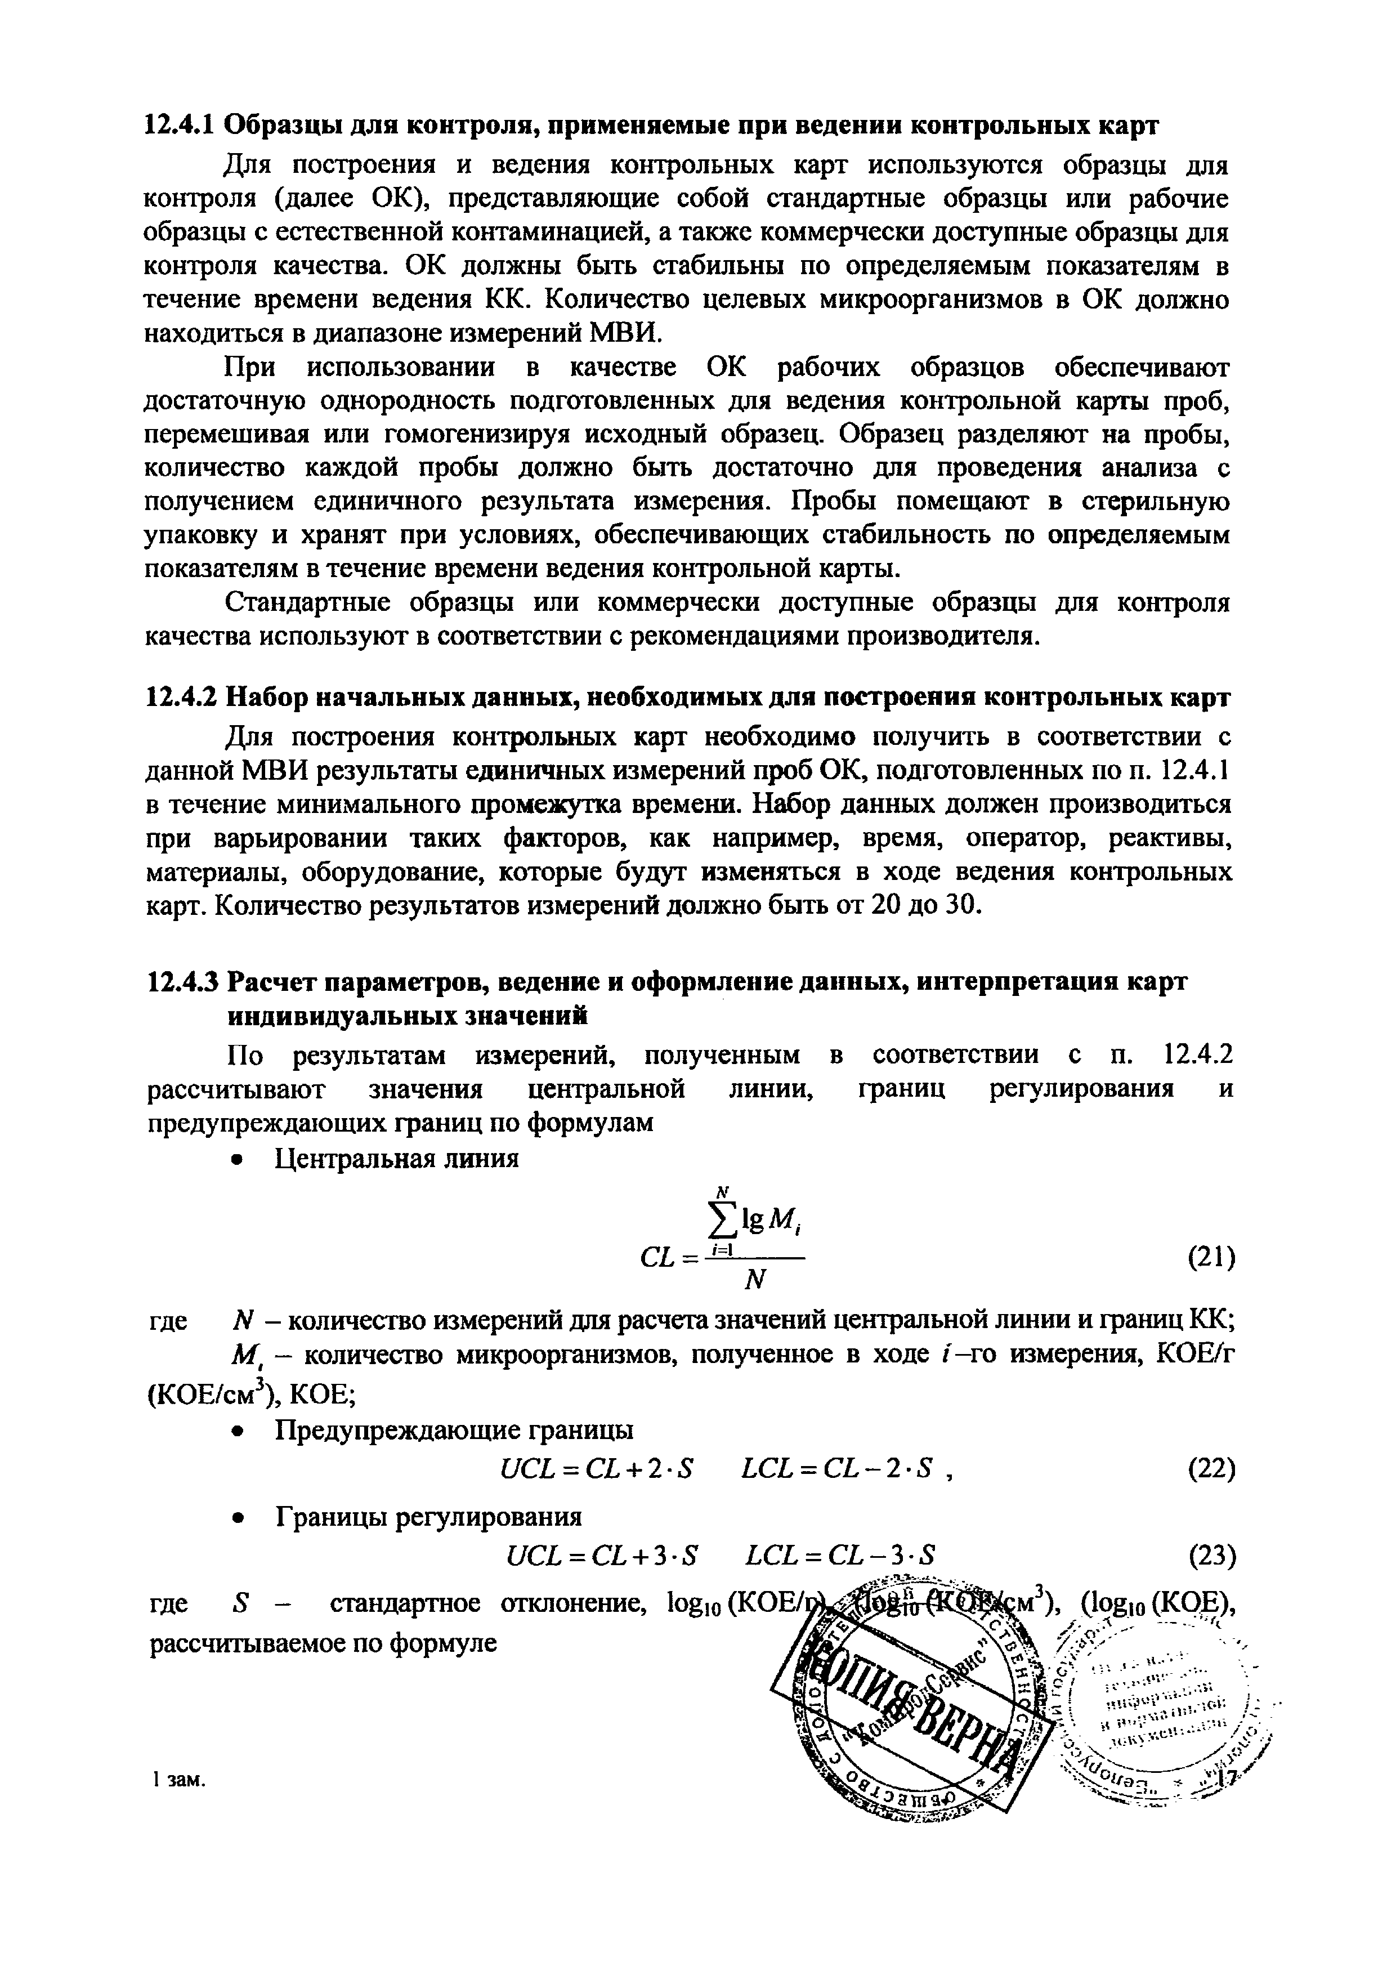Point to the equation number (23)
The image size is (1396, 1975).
(1210, 1554)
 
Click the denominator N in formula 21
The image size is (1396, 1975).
(754, 1282)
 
